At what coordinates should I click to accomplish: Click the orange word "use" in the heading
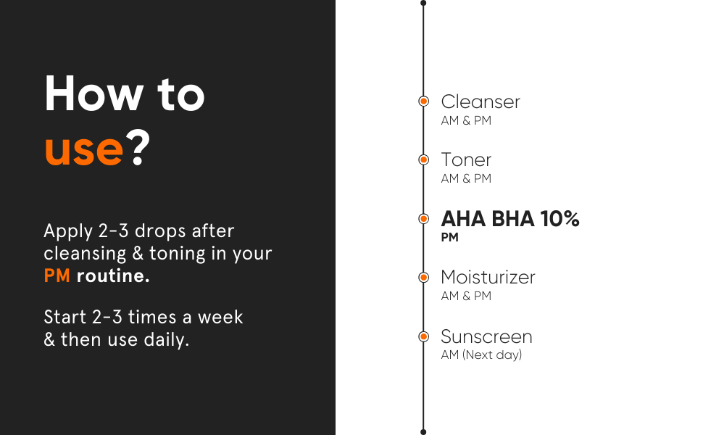[x=84, y=150]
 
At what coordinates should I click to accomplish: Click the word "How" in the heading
[x=93, y=94]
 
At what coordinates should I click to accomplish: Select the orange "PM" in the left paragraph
[x=57, y=275]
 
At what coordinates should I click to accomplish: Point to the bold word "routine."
[x=113, y=275]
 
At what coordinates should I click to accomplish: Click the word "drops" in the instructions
[x=160, y=231]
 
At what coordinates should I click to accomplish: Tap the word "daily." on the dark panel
[x=167, y=339]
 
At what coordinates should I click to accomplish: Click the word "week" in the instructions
[x=220, y=317]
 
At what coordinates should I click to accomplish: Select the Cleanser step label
[x=481, y=101]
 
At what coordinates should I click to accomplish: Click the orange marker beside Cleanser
[x=424, y=101]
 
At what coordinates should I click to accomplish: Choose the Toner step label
[x=466, y=160]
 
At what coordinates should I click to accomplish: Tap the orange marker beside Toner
[x=424, y=159]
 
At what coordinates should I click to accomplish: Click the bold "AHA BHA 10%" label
[x=510, y=219]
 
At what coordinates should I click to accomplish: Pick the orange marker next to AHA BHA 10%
[x=424, y=218]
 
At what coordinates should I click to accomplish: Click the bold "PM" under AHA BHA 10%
[x=449, y=237]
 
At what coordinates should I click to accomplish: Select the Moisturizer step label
[x=488, y=277]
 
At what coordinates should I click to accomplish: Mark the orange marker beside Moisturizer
[x=424, y=277]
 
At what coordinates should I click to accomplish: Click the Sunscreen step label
[x=487, y=336]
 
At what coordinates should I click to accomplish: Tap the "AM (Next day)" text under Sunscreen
[x=481, y=355]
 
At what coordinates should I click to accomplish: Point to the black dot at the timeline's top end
[x=423, y=3]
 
